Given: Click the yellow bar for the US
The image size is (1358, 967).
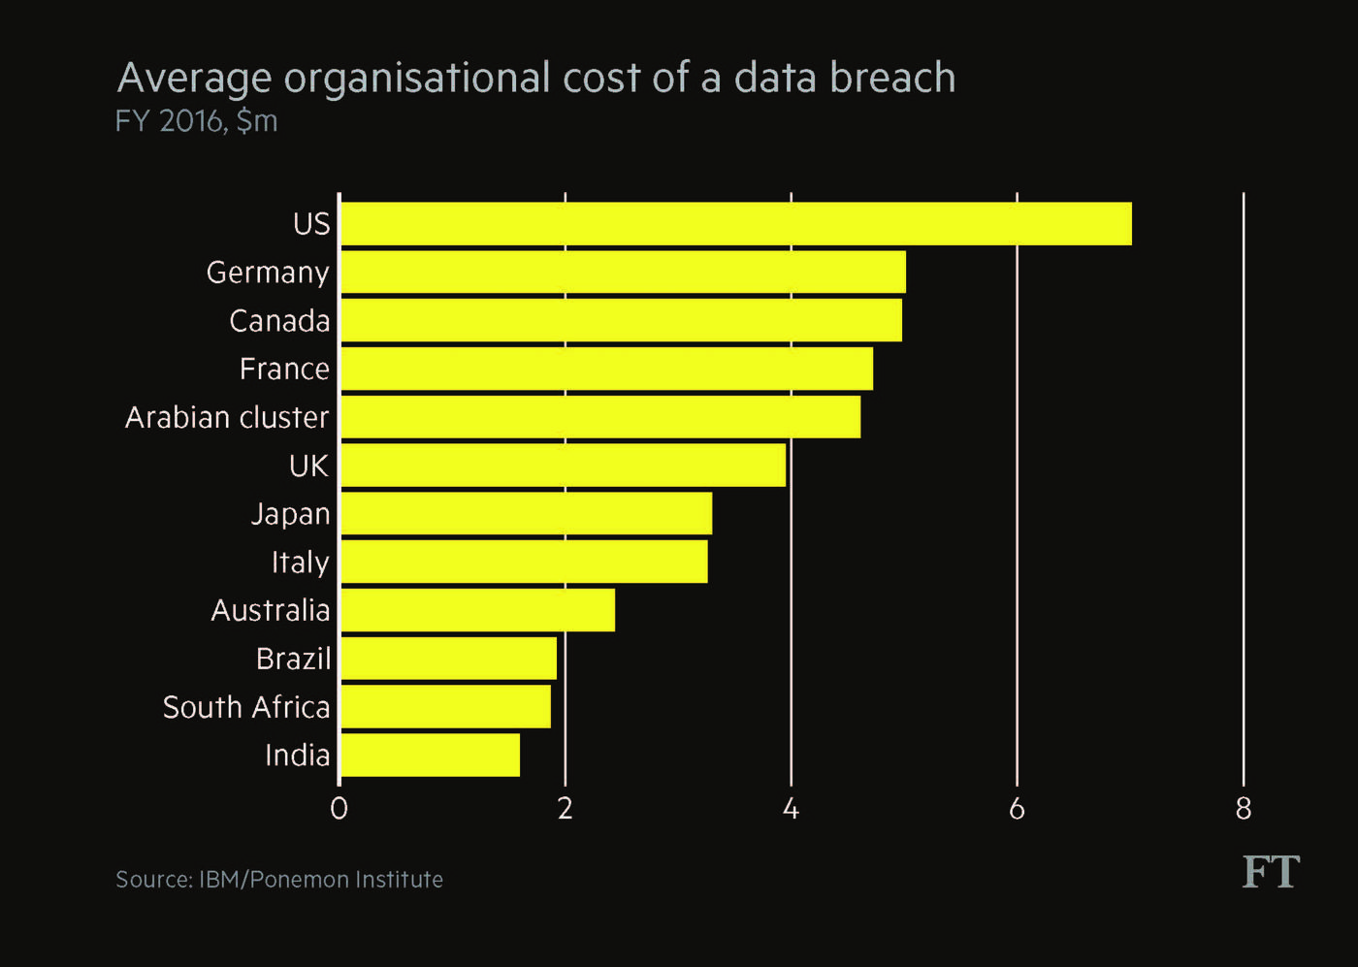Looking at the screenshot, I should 735,224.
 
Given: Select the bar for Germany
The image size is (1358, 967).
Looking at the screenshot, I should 623,273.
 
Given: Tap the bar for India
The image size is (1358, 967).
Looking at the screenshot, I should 430,756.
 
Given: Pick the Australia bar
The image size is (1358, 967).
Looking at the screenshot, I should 477,610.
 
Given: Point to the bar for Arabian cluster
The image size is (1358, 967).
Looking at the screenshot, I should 599,417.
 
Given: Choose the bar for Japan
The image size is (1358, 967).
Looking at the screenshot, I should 526,514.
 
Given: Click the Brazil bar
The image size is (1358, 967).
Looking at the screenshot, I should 448,659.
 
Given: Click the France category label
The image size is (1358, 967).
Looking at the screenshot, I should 284,370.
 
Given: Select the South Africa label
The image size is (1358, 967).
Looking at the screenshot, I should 246,707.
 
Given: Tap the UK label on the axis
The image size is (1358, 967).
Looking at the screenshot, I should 308,467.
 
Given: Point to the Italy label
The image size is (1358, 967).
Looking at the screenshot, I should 300,563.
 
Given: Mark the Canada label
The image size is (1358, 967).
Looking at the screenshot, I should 279,321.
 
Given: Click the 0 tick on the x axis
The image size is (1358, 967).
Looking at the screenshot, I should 339,809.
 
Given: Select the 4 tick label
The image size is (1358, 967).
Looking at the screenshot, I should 791,809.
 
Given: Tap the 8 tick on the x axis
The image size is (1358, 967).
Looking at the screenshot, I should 1244,809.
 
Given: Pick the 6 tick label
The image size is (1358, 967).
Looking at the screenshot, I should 1017,809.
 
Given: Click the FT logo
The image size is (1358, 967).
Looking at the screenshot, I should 1271,872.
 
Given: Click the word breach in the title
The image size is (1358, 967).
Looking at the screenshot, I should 892,79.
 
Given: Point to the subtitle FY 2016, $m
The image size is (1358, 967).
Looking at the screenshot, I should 196,121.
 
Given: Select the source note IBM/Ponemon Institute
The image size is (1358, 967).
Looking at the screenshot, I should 279,880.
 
